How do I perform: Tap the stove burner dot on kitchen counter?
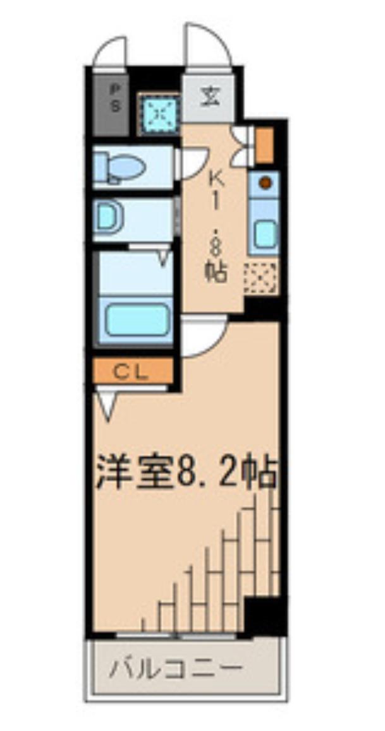[x=266, y=183]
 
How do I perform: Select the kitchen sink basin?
[x=266, y=234]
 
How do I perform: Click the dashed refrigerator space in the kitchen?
[x=260, y=277]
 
